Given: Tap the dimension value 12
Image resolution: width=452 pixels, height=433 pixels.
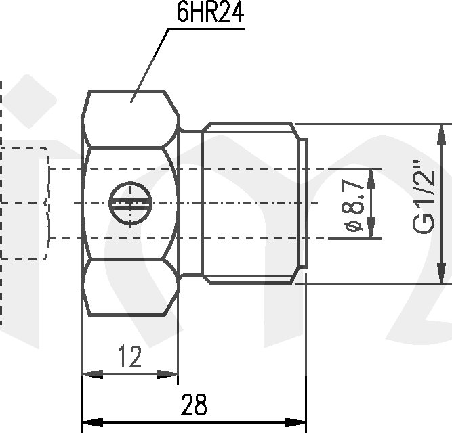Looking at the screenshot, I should [x=129, y=357].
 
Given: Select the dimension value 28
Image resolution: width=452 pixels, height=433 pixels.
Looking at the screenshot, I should [x=194, y=405].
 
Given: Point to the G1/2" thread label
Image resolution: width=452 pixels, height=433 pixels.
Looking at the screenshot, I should [x=425, y=204].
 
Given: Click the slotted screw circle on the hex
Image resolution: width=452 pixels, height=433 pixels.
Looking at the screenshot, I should [x=129, y=203].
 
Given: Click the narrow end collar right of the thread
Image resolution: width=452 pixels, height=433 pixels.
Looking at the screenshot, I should [x=303, y=203].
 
